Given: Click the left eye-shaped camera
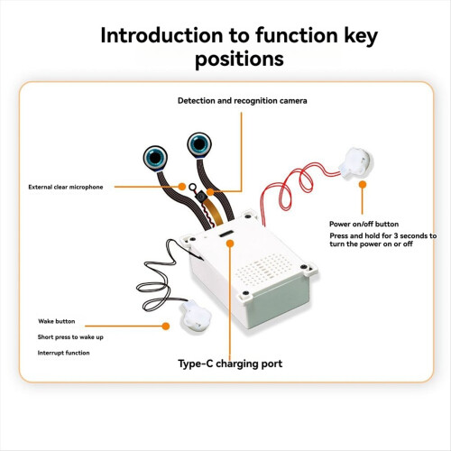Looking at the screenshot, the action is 155,158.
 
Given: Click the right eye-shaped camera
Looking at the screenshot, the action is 199,144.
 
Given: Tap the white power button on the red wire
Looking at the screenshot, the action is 355,163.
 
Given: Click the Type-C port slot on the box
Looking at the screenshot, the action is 226,234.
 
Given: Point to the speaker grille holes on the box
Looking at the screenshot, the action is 263,270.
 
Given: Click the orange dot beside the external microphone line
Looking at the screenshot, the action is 181,187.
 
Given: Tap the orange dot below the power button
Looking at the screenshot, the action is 363,185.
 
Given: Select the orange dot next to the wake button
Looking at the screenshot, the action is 165,326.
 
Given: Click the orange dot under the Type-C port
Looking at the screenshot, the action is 230,244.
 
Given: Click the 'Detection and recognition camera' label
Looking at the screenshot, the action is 243,101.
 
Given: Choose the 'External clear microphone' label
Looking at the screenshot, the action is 66,187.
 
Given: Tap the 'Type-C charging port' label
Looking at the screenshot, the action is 230,364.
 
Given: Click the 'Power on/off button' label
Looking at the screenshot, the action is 364,224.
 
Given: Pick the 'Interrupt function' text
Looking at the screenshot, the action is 63,353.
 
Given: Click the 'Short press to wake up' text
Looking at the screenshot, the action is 70,337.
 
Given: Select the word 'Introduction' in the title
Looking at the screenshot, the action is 161,35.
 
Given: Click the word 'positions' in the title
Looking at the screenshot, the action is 239,59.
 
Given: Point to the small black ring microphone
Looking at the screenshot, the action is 192,187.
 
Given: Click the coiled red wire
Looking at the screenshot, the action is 296,188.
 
